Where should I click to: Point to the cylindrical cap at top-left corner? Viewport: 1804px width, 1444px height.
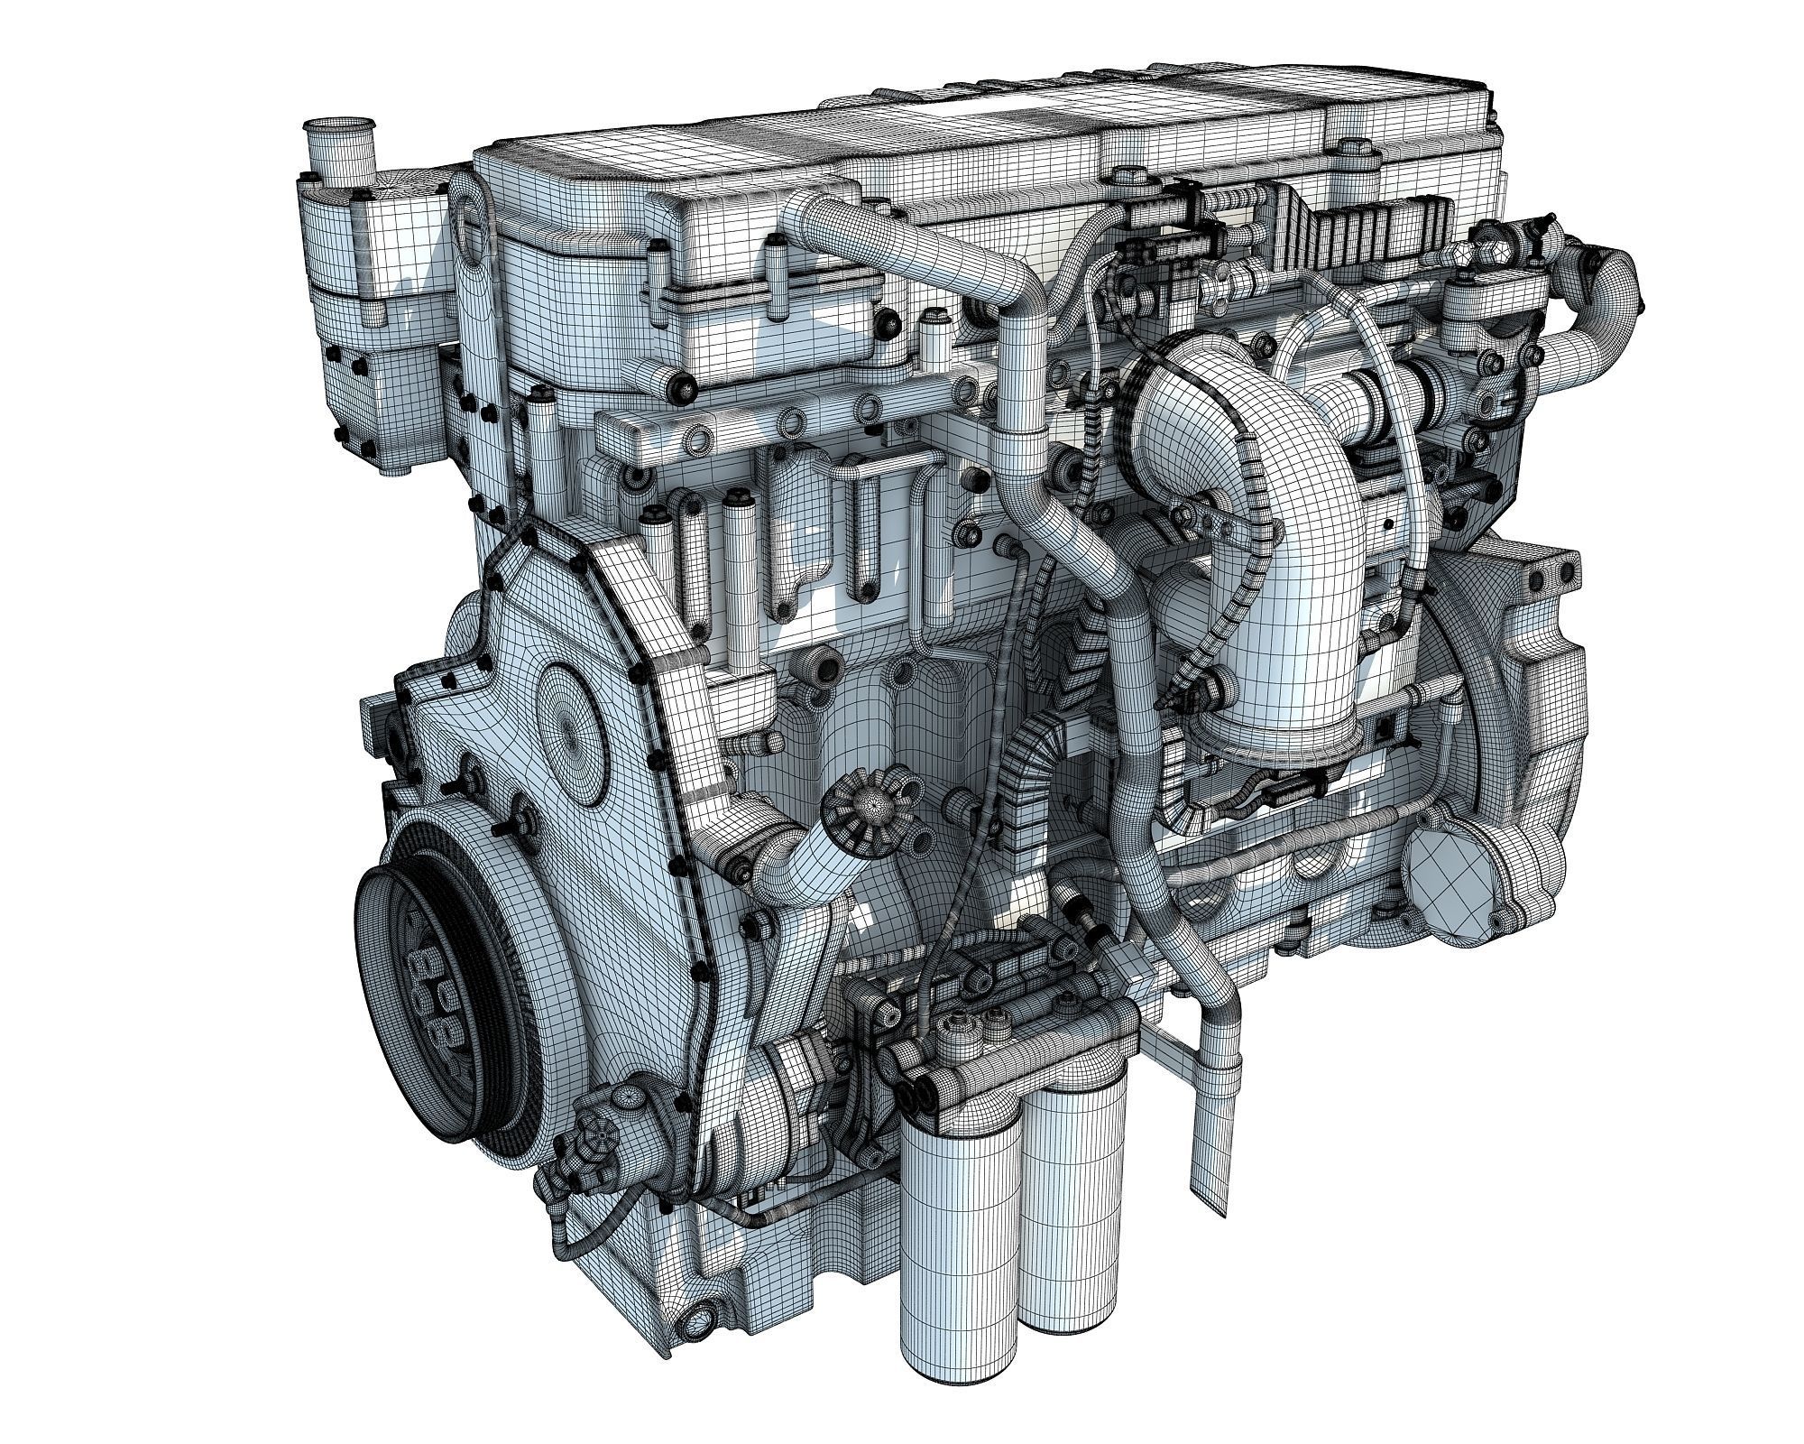[x=334, y=149]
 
